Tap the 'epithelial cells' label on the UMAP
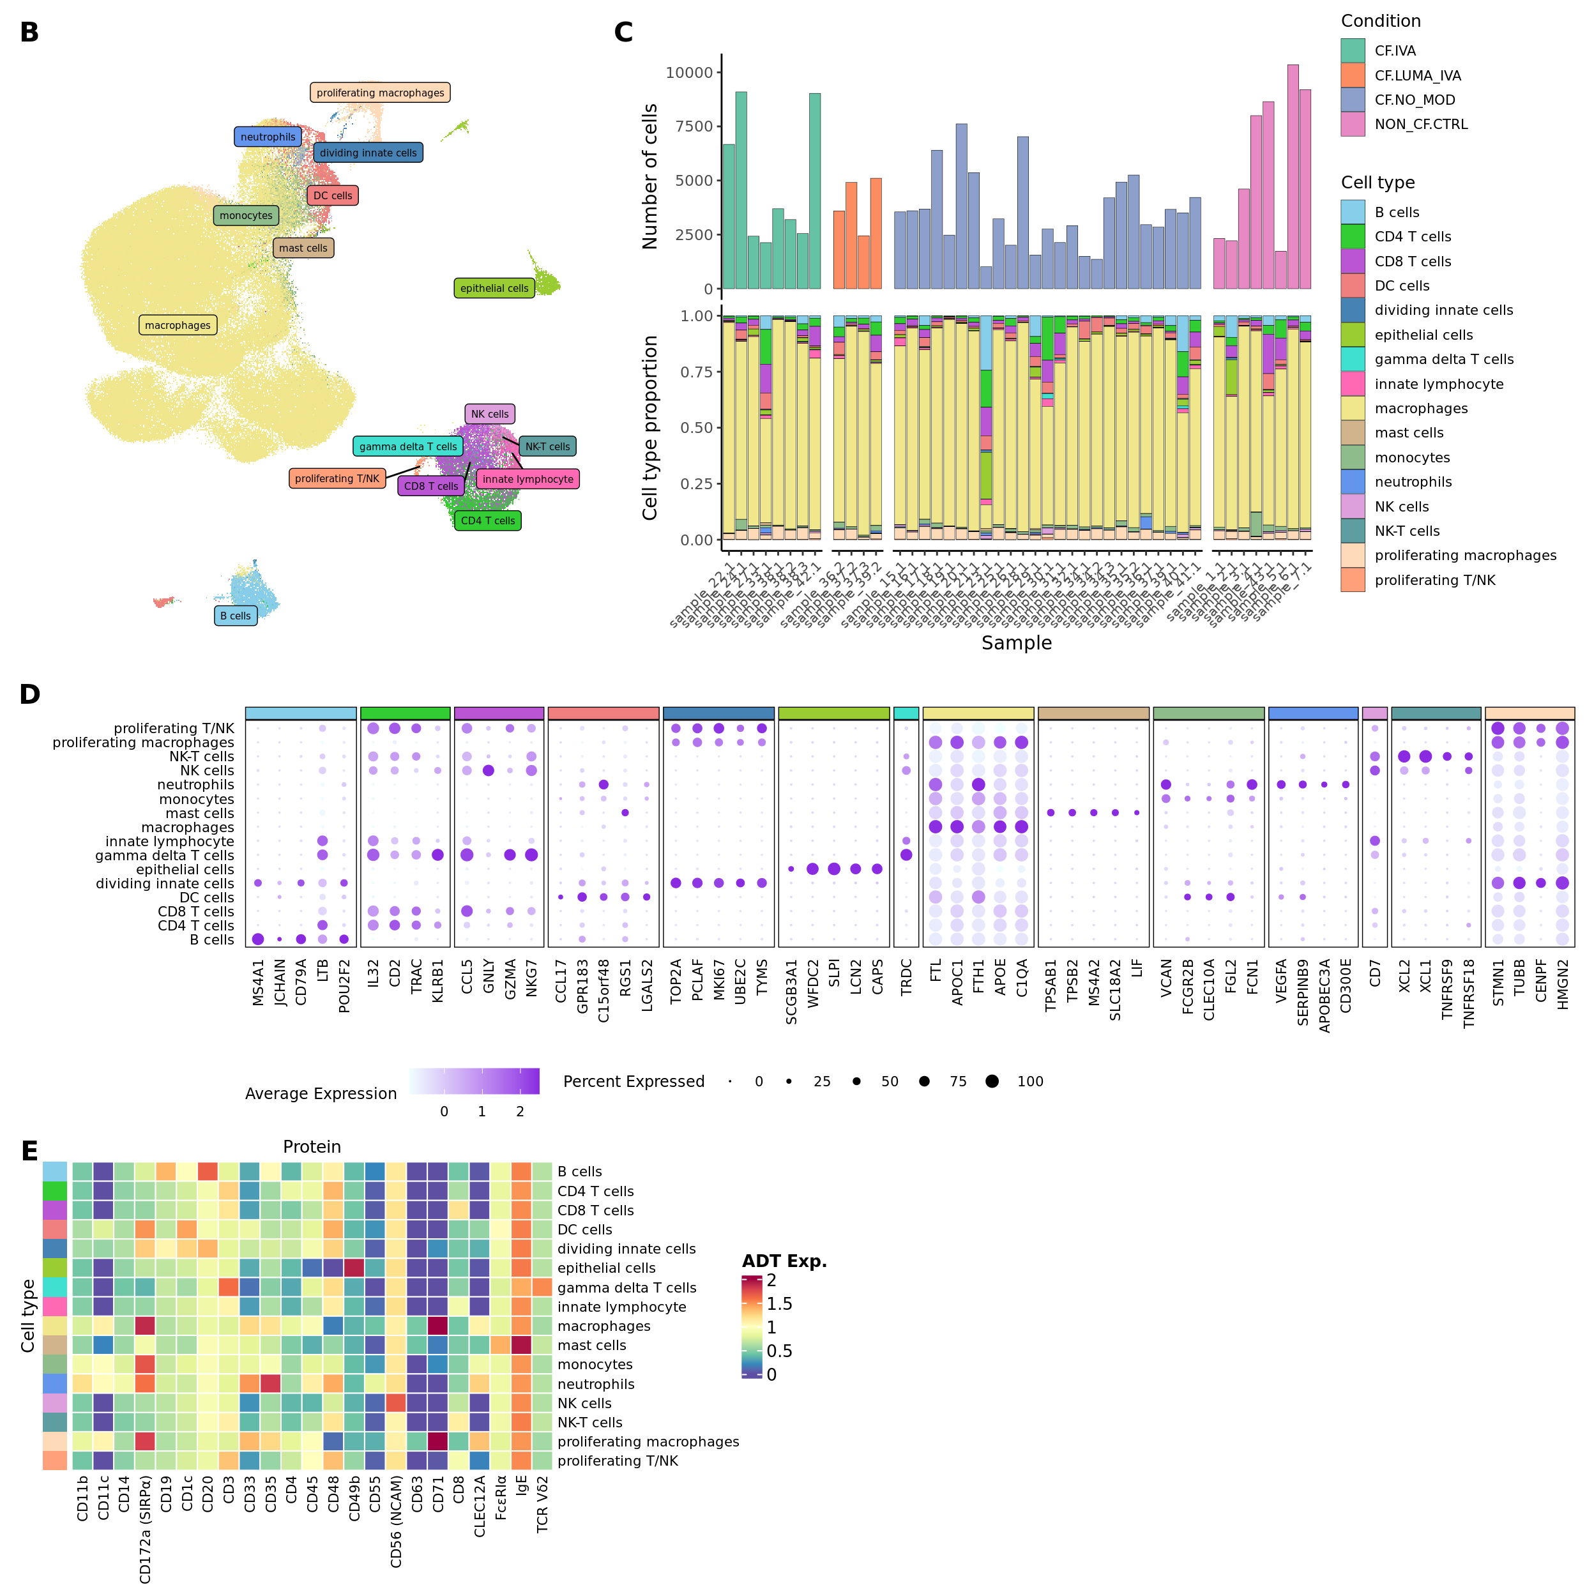tap(494, 288)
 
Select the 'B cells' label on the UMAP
tap(235, 616)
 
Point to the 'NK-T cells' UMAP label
tap(547, 446)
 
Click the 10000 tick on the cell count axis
tap(689, 73)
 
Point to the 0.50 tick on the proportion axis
tap(696, 427)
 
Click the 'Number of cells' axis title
tap(650, 176)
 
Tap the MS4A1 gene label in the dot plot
tap(258, 982)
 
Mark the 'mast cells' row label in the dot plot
tap(200, 814)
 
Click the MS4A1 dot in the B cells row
tap(258, 939)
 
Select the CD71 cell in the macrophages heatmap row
tap(438, 1326)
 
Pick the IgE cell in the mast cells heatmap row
tap(521, 1345)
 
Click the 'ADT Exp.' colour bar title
tap(784, 1261)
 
